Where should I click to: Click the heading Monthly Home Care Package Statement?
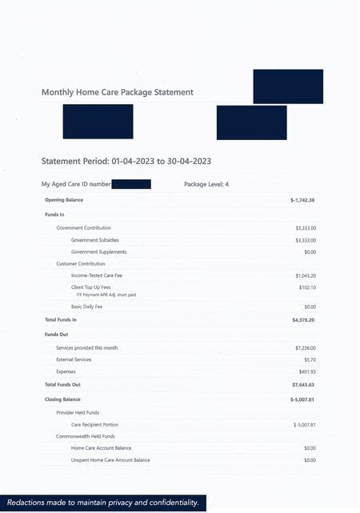point(117,92)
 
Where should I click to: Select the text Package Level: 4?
point(206,184)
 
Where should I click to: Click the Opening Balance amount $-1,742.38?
point(302,199)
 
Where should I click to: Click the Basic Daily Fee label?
point(87,307)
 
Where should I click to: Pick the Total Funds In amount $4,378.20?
point(303,319)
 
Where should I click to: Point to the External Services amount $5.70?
point(310,359)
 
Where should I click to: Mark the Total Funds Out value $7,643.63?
point(303,385)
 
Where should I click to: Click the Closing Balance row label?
point(62,398)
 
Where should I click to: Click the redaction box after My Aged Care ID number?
point(131,184)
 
